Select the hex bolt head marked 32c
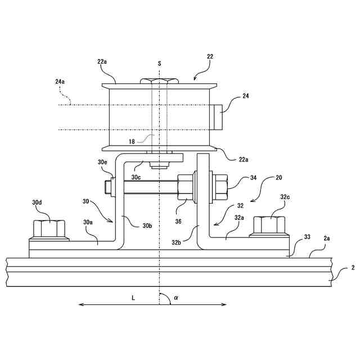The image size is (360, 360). pyautogui.click(x=272, y=224)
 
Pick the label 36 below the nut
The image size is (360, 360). pyautogui.click(x=178, y=221)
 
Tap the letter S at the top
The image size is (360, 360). pyautogui.click(x=160, y=64)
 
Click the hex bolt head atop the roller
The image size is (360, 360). pyautogui.click(x=160, y=82)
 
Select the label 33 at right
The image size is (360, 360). pyautogui.click(x=306, y=238)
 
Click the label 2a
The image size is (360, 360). pyautogui.click(x=327, y=238)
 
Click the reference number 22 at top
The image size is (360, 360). pyautogui.click(x=210, y=57)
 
